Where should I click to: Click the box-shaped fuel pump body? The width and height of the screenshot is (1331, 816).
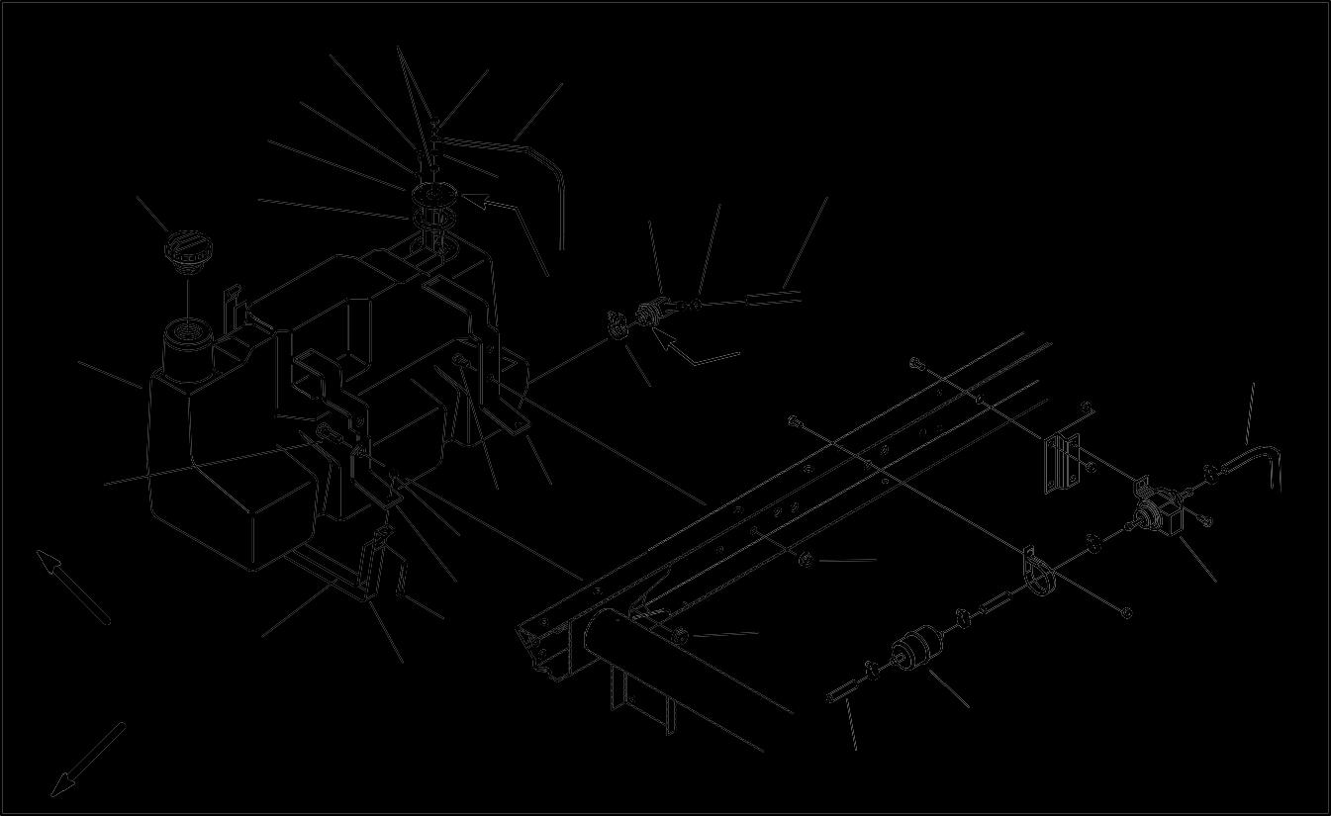pos(1160,513)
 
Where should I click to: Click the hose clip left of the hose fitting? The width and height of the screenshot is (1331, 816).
pos(617,322)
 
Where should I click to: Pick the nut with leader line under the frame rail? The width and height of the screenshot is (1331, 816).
pos(806,562)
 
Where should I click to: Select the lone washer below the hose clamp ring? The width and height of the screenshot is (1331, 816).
pos(1126,613)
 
